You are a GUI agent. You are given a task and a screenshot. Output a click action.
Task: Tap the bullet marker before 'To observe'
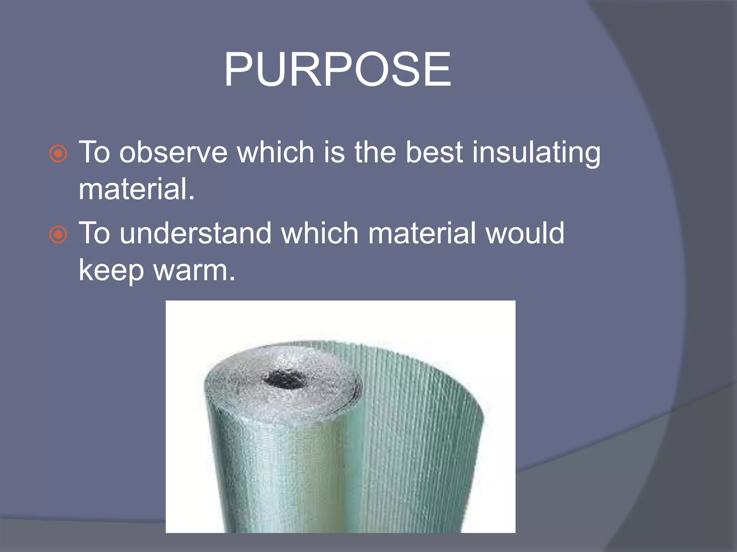58,154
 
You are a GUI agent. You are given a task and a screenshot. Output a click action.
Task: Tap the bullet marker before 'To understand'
58,235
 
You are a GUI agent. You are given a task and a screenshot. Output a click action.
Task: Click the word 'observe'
173,152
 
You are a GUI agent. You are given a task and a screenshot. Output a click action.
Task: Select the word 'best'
434,152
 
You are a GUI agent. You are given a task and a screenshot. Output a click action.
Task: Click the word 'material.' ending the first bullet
136,189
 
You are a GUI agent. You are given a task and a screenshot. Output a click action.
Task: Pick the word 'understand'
195,233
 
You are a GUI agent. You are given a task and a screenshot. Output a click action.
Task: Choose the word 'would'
525,233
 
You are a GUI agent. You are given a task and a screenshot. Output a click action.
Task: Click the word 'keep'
111,271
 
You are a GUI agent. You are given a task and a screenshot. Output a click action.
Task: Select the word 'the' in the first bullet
375,152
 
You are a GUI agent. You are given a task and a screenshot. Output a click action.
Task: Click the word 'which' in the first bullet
275,152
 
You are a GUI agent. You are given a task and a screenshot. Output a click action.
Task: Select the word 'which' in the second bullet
320,233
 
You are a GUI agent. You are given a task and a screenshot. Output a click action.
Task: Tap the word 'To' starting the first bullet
94,152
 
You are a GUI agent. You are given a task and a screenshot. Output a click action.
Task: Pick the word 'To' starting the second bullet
94,233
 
